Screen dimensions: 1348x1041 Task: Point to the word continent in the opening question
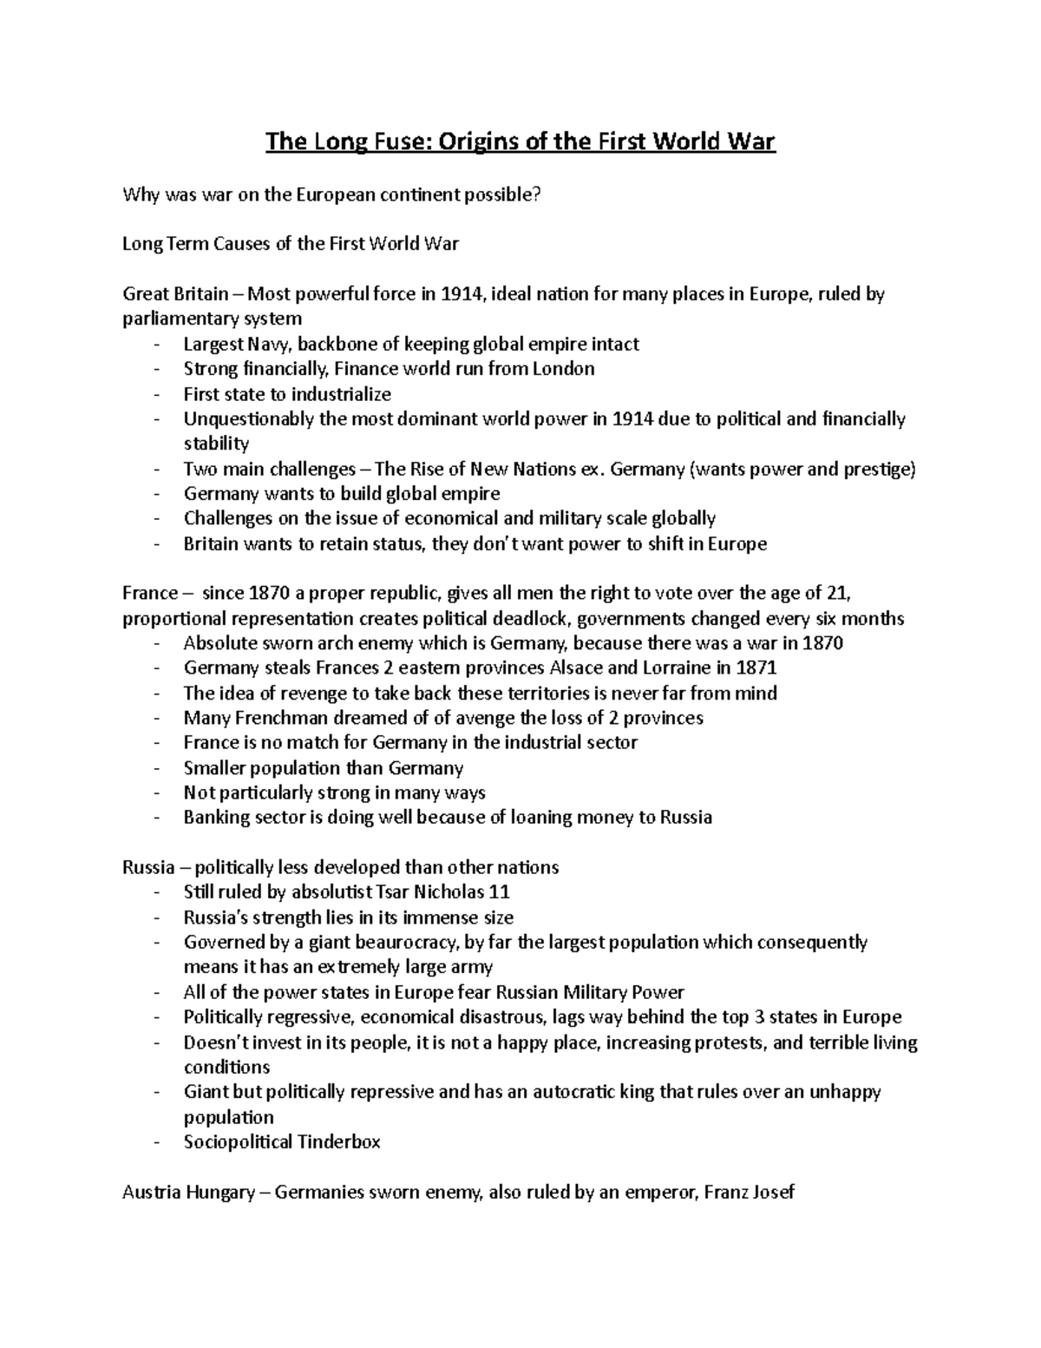click(x=413, y=194)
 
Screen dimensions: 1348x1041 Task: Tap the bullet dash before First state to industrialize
click(x=155, y=394)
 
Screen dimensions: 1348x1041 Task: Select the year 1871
click(x=756, y=668)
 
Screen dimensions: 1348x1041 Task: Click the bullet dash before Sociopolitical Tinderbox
click(x=155, y=1142)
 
